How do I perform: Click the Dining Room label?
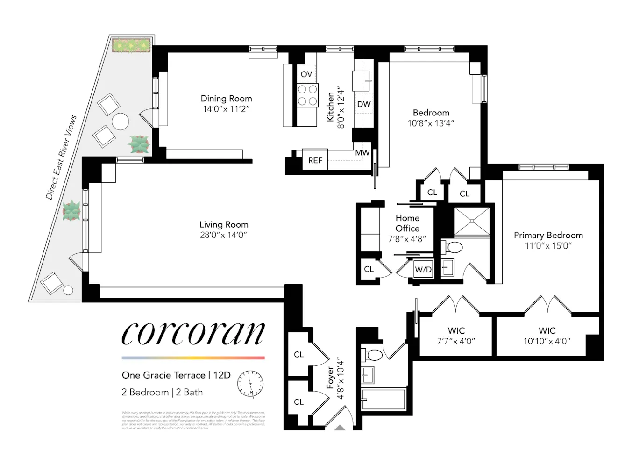tap(226, 99)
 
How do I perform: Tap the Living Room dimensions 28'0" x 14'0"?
tap(223, 235)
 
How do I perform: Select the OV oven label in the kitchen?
tap(306, 74)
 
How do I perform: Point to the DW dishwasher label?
tap(364, 104)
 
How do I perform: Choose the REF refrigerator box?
tap(315, 160)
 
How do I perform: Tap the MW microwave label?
tap(362, 153)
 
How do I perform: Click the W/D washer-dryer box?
tap(423, 270)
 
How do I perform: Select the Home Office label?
tap(407, 223)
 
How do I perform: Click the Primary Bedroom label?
tap(548, 235)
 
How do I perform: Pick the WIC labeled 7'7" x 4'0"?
tap(456, 336)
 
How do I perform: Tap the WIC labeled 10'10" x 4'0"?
tap(547, 336)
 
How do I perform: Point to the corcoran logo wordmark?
tap(193, 334)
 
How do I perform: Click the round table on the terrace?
tap(120, 122)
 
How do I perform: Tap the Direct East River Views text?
tap(61, 157)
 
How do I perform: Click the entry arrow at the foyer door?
tap(340, 427)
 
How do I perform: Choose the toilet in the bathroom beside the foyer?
tap(374, 355)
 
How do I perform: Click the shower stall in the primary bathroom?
tap(472, 222)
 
